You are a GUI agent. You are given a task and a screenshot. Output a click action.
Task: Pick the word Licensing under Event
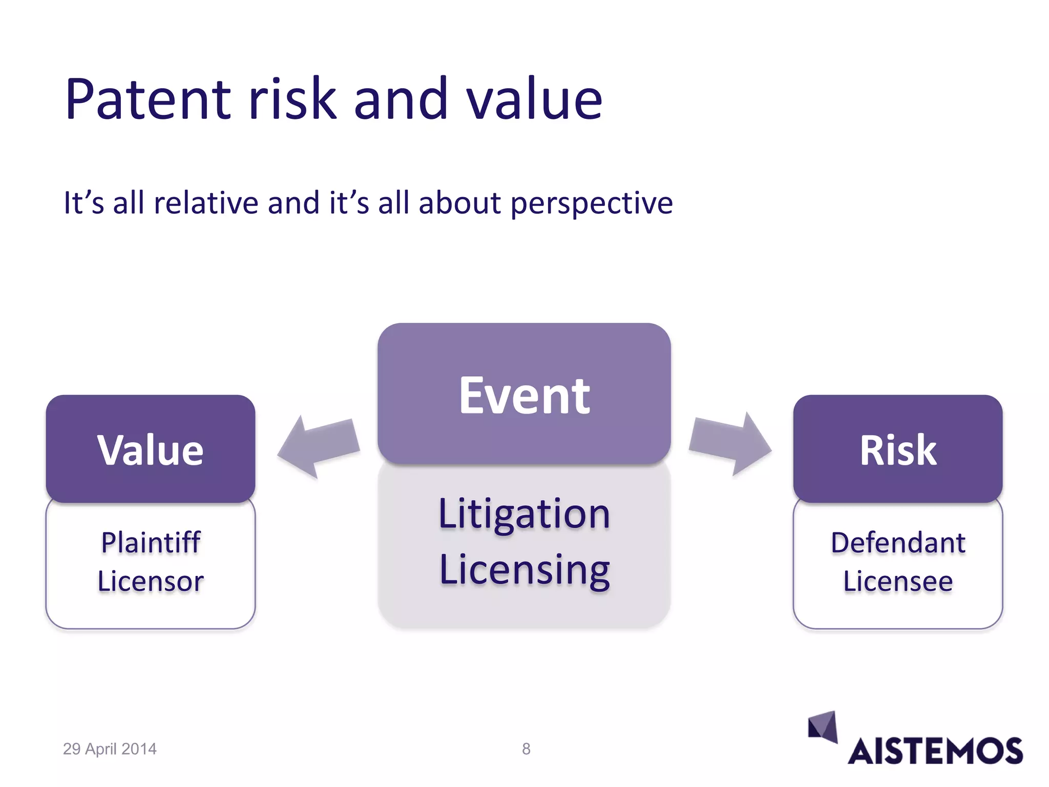click(524, 570)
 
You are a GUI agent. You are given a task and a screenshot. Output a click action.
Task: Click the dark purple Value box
click(150, 449)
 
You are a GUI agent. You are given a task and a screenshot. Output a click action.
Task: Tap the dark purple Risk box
click(897, 449)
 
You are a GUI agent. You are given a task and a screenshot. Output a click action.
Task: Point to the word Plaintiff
click(151, 542)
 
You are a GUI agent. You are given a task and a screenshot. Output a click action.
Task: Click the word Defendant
click(897, 542)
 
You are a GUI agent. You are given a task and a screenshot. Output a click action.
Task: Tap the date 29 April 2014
click(110, 749)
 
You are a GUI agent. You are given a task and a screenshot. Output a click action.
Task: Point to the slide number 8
click(526, 749)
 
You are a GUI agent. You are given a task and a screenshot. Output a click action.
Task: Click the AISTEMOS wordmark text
click(935, 752)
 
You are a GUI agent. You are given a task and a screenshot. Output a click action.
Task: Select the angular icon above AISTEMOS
click(823, 726)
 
